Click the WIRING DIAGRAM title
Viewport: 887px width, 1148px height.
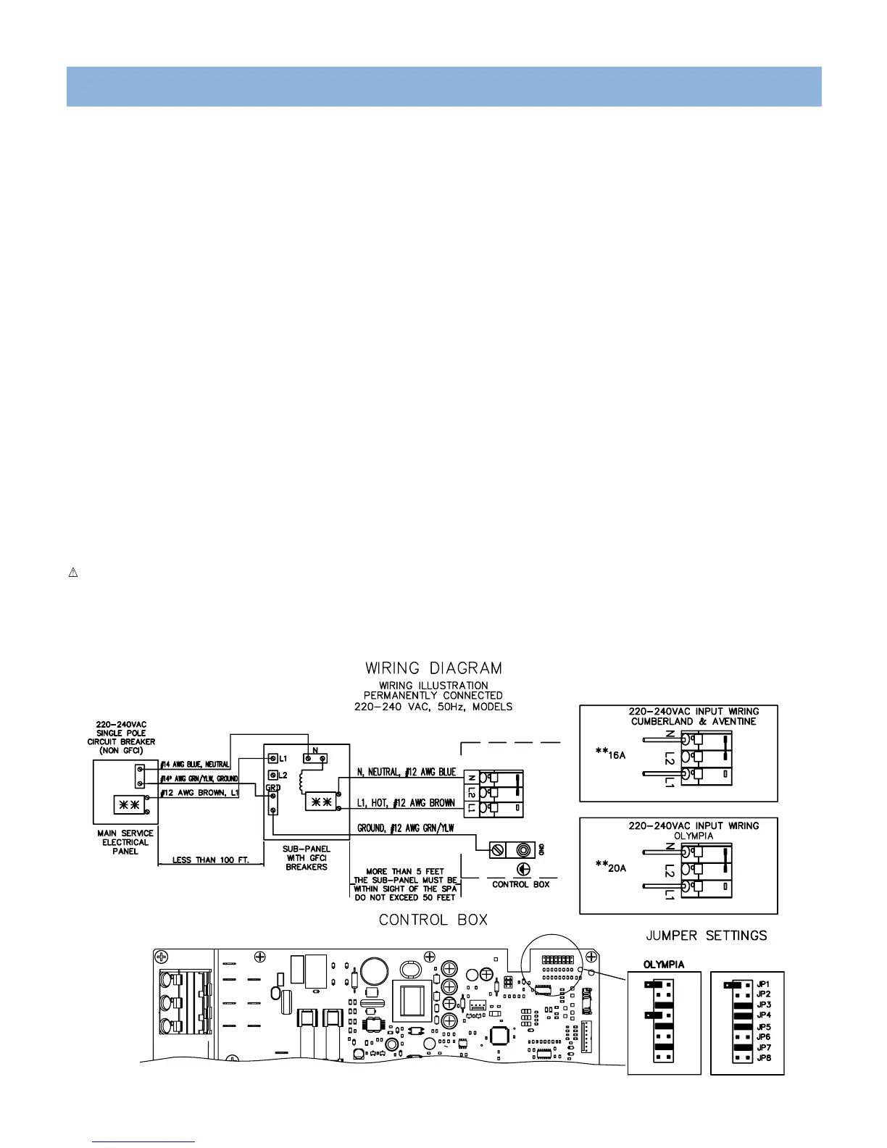click(x=433, y=667)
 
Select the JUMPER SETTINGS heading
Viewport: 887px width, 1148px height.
click(x=706, y=936)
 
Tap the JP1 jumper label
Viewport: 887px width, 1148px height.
click(x=763, y=984)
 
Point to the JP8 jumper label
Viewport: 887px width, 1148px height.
click(x=763, y=1058)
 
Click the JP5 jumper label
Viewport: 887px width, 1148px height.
click(x=763, y=1027)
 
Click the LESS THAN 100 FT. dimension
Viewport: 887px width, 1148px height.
click(x=211, y=860)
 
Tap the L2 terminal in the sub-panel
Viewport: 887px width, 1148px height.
click(x=273, y=992)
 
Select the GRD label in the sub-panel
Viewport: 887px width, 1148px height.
click(x=272, y=1004)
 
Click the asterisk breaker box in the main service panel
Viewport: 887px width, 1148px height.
click(x=125, y=1022)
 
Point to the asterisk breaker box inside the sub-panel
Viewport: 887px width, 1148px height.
click(x=321, y=1019)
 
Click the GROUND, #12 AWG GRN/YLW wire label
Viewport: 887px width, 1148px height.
click(x=405, y=1046)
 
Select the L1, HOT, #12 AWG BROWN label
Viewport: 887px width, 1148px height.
click(x=406, y=1020)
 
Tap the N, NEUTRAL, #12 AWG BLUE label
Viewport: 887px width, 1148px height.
click(x=407, y=990)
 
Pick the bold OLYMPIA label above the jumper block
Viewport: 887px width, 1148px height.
click(x=664, y=965)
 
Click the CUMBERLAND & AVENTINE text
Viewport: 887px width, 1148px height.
click(x=694, y=721)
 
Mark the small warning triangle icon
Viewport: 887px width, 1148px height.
click(x=72, y=573)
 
